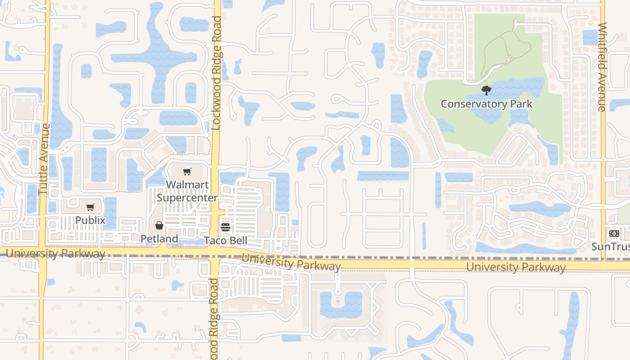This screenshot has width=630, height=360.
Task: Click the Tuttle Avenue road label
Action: (44, 159)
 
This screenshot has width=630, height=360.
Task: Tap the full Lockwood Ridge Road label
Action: (216, 73)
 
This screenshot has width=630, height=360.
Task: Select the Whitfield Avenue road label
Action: (602, 67)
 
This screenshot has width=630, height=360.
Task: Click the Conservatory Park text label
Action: (486, 104)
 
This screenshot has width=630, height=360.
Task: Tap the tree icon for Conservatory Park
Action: (486, 90)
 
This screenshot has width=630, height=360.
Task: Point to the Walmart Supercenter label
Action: (187, 191)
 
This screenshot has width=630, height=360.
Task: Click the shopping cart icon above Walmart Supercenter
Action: (187, 171)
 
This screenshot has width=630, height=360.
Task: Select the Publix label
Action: (90, 220)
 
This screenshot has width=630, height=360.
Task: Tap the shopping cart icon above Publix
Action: (90, 207)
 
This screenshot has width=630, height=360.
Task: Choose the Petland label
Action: (159, 239)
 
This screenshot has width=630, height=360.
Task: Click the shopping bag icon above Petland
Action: (159, 225)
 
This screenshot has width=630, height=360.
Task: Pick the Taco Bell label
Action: (225, 241)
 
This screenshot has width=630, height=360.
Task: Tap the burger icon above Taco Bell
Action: (225, 227)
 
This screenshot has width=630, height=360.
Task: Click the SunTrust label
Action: (610, 247)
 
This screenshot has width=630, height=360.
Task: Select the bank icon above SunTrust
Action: (614, 234)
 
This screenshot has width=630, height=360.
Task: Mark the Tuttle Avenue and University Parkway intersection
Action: (43, 253)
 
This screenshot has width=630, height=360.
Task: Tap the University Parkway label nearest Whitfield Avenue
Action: (516, 267)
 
